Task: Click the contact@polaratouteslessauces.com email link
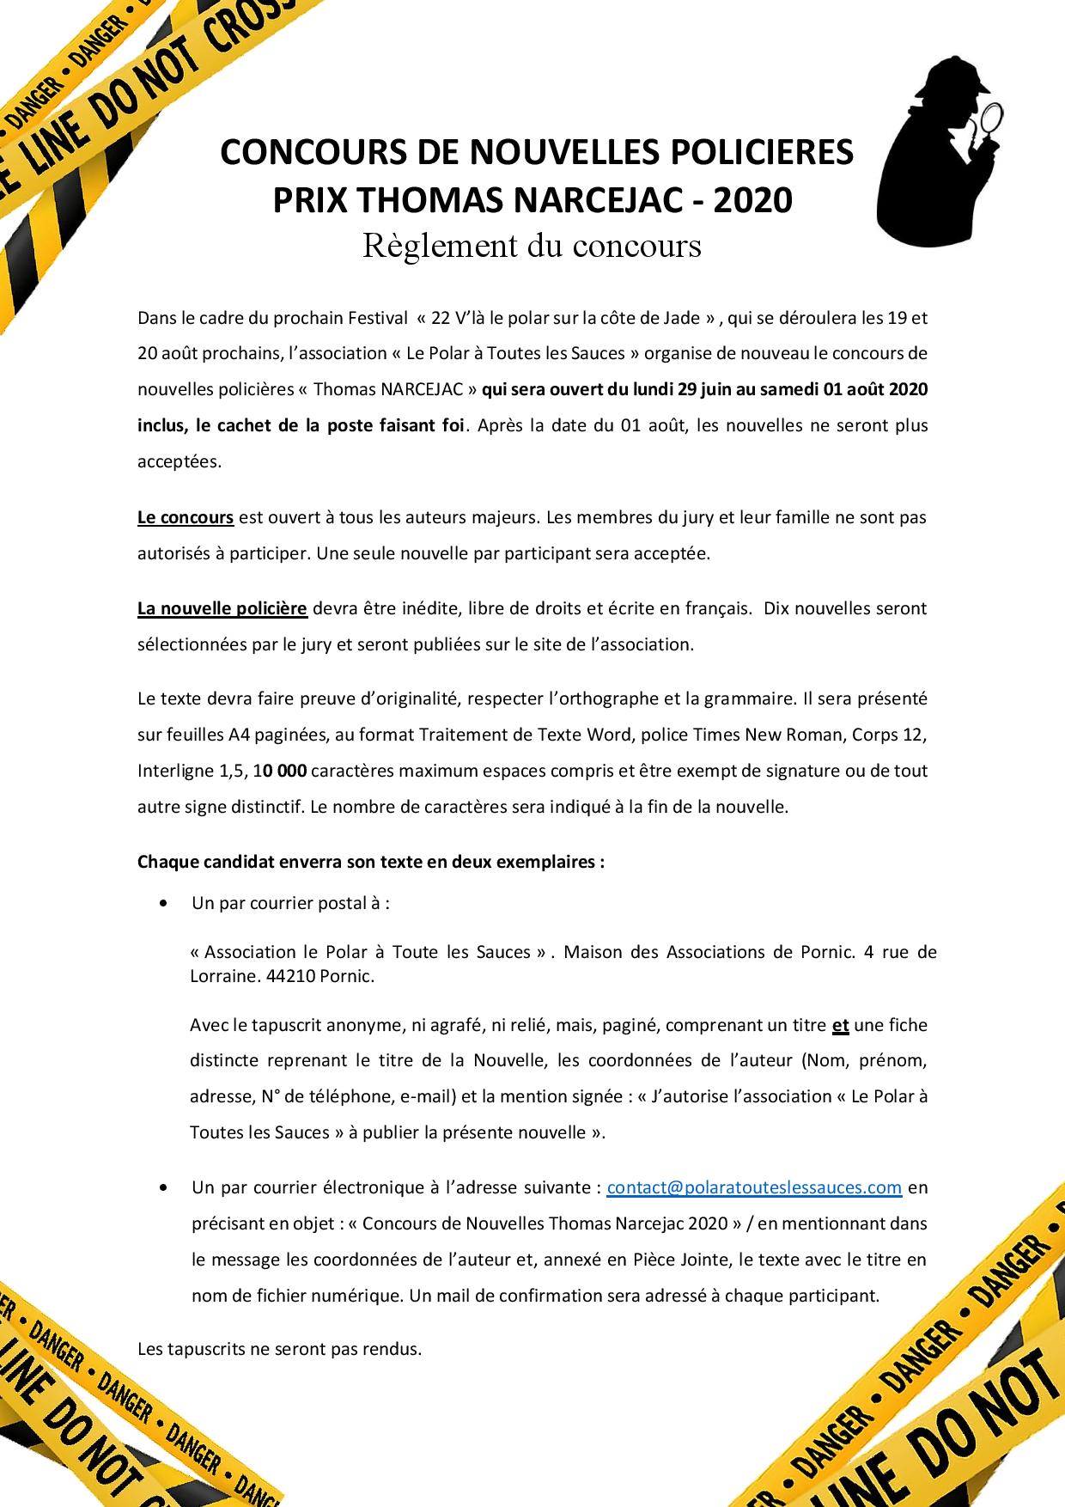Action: (754, 1187)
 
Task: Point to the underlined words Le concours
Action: (186, 517)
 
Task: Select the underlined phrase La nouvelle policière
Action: (222, 608)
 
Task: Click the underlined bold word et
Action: (840, 1024)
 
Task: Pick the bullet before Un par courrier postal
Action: (163, 904)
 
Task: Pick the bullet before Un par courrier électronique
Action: (163, 1188)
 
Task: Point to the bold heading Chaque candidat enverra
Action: (239, 861)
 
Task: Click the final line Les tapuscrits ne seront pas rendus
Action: (279, 1348)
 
